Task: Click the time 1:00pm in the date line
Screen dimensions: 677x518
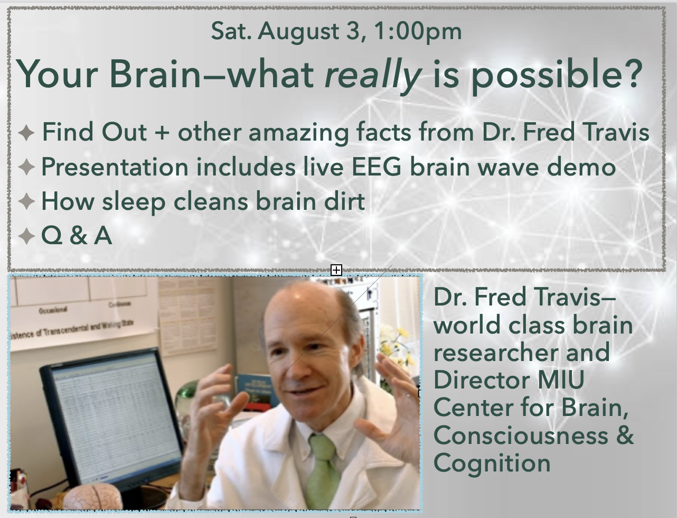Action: point(418,32)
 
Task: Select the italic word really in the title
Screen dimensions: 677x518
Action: point(373,75)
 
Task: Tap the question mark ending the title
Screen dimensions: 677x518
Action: point(632,73)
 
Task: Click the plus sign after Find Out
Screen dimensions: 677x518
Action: point(162,133)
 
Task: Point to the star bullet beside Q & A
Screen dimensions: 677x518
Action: point(26,236)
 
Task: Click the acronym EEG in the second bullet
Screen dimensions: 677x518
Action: point(377,166)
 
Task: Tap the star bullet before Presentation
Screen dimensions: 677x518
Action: point(26,167)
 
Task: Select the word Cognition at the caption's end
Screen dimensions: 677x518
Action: point(492,464)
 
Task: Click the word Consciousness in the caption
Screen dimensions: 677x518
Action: point(521,436)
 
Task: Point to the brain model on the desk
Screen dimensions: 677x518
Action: point(92,496)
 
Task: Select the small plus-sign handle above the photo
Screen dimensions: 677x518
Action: point(336,270)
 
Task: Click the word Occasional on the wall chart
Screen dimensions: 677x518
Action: point(53,310)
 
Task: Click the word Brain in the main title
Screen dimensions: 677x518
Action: point(155,75)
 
